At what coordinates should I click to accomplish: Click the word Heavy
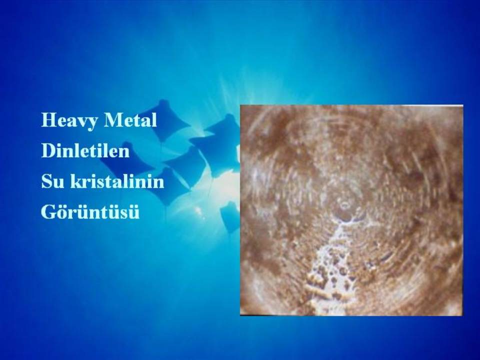point(70,121)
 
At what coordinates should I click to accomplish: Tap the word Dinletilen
point(85,150)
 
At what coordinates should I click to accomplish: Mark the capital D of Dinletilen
point(48,150)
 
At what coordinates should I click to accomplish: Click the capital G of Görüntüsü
point(48,212)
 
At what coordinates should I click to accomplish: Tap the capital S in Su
point(46,181)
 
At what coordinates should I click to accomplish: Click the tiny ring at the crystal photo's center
point(345,204)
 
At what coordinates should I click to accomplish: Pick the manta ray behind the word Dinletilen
point(122,159)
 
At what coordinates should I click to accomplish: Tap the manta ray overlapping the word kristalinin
point(171,186)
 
